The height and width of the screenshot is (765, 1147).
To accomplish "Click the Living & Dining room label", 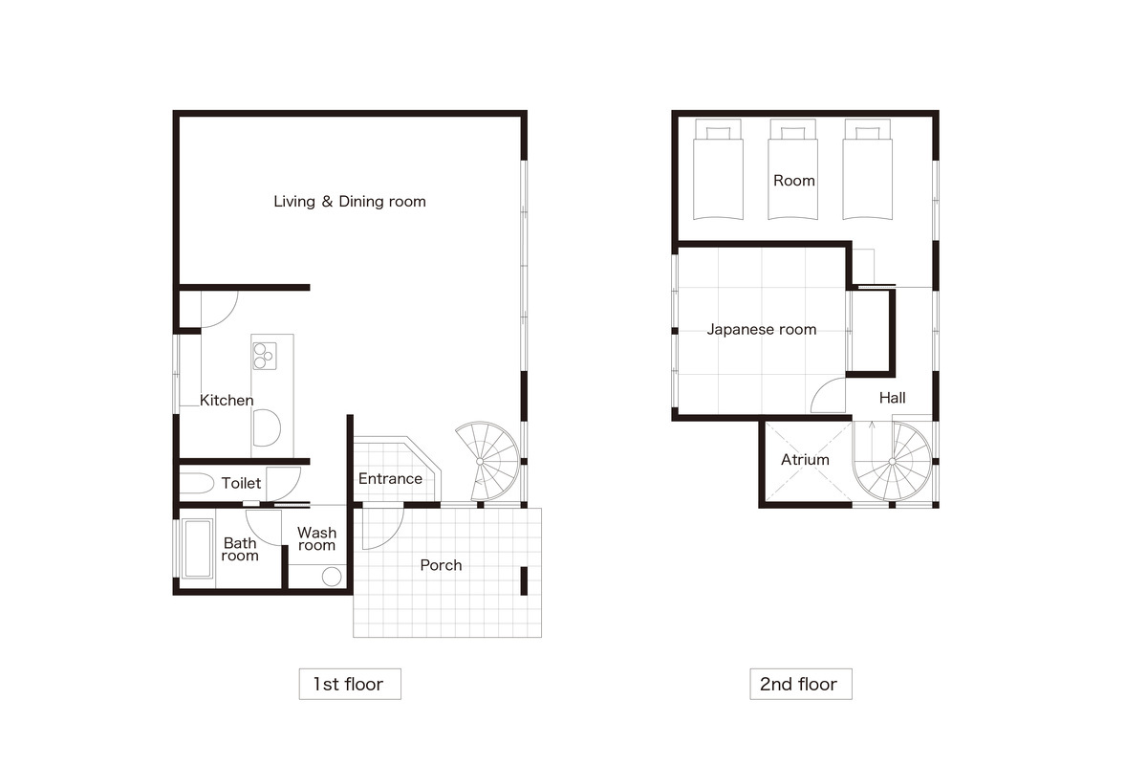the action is (x=350, y=202).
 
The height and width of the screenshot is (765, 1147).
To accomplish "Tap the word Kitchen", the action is (x=227, y=400).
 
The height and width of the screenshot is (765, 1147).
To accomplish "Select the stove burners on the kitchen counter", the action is (x=265, y=356).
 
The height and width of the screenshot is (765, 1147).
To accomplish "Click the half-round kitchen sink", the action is (x=267, y=427).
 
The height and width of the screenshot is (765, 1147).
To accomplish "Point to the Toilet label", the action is (x=241, y=483).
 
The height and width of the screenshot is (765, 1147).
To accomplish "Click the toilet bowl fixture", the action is (x=197, y=483).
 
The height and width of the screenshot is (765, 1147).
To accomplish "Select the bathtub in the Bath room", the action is (x=197, y=548).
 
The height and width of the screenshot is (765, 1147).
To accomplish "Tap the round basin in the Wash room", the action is (x=332, y=577).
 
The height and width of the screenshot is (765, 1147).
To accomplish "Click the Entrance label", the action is (x=390, y=478).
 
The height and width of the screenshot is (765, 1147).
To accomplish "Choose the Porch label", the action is (x=441, y=565).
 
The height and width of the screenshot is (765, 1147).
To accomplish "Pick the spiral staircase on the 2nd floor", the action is (x=892, y=461).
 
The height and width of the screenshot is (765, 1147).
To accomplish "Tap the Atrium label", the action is (x=805, y=460).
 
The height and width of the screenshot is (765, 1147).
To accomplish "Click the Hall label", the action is (x=892, y=398).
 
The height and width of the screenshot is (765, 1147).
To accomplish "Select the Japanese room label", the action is (x=762, y=330).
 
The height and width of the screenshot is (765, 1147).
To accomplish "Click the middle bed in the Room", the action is (x=792, y=169).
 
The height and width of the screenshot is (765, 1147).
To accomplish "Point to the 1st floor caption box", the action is (x=350, y=684).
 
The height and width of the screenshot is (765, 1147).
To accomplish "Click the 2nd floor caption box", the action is (x=801, y=684).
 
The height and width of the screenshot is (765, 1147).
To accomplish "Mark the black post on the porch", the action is (x=524, y=580).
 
